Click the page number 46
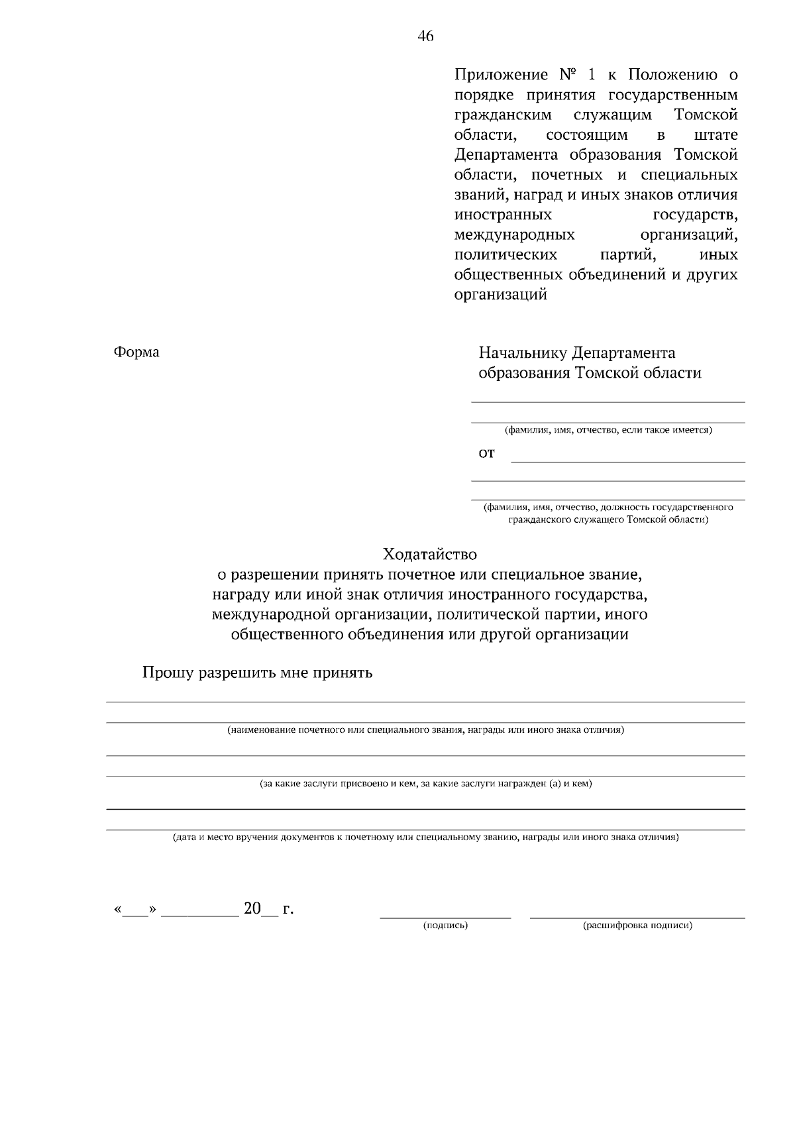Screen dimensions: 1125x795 (425, 36)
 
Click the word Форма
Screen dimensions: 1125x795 (136, 352)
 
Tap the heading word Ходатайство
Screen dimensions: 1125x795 (429, 554)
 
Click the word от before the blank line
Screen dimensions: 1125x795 (486, 454)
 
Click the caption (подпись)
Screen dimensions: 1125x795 (445, 926)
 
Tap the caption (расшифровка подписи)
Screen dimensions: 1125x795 (637, 926)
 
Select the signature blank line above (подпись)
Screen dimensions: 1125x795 (445, 918)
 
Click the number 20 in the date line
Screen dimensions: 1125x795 (252, 908)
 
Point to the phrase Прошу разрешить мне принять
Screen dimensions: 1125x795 (258, 673)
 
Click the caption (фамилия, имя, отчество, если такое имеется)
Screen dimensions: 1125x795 (608, 430)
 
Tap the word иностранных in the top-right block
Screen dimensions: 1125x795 (503, 215)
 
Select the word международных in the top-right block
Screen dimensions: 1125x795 (514, 235)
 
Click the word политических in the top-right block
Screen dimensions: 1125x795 (505, 255)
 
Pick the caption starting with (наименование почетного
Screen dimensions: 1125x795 (425, 730)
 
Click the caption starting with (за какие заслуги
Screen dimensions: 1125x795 (425, 784)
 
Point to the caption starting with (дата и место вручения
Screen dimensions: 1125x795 (425, 837)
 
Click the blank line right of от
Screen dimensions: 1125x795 (628, 460)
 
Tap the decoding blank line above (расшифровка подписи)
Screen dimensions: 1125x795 (637, 918)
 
